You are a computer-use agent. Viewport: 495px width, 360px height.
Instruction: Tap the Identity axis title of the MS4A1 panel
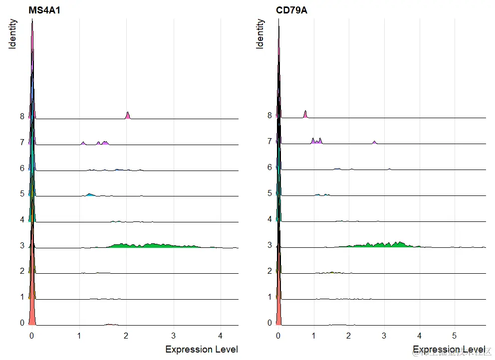[13, 34]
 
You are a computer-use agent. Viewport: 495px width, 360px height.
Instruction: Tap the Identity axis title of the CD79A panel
[260, 34]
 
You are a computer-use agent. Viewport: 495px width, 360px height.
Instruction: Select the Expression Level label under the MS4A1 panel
[202, 349]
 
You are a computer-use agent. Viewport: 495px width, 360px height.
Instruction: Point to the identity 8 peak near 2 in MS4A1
[128, 116]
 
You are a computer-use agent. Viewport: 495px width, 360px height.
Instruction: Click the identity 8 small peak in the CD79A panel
[305, 115]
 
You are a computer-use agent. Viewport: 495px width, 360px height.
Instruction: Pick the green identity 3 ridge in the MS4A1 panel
[150, 245]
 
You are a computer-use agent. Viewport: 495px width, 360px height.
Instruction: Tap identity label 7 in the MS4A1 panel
[22, 142]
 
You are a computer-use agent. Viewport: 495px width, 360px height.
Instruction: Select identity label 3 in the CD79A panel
[269, 245]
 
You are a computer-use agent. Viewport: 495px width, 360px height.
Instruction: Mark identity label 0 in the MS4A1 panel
[22, 323]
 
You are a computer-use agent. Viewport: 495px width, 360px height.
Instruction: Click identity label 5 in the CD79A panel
[269, 193]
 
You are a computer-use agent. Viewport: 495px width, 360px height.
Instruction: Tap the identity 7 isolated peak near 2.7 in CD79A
[374, 143]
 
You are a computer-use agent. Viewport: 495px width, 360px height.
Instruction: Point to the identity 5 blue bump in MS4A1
[90, 194]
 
